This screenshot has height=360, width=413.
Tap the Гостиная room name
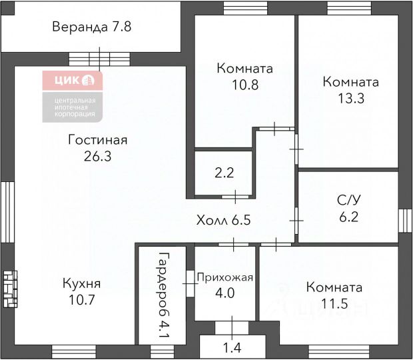(98, 141)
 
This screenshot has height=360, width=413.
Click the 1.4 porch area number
(232, 347)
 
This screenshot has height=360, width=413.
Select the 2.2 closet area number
(224, 173)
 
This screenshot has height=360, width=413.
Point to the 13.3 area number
(350, 98)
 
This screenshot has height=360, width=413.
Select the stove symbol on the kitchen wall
(9, 288)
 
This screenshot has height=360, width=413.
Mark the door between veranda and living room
(99, 57)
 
